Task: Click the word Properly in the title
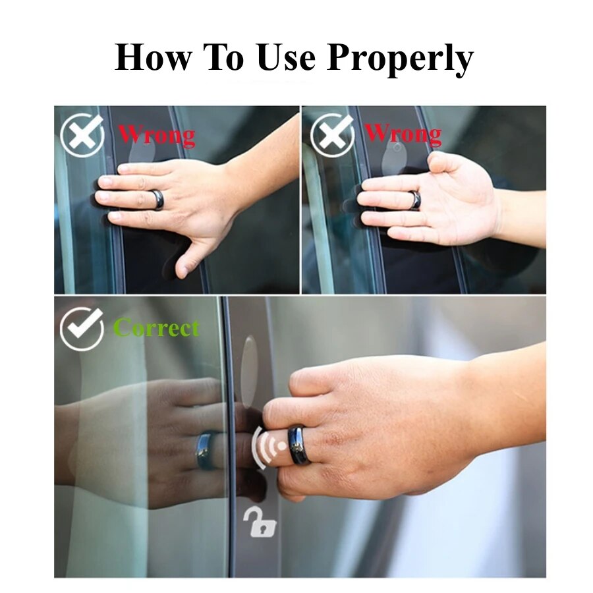[x=401, y=58]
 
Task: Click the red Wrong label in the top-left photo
[x=157, y=135]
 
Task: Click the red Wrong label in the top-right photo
[x=403, y=134]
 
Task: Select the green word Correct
[x=156, y=327]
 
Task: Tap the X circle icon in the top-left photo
[x=82, y=134]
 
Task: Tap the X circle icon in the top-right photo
[x=331, y=134]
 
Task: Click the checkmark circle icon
[x=82, y=327]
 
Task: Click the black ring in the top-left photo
[x=157, y=200]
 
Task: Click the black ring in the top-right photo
[x=414, y=200]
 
